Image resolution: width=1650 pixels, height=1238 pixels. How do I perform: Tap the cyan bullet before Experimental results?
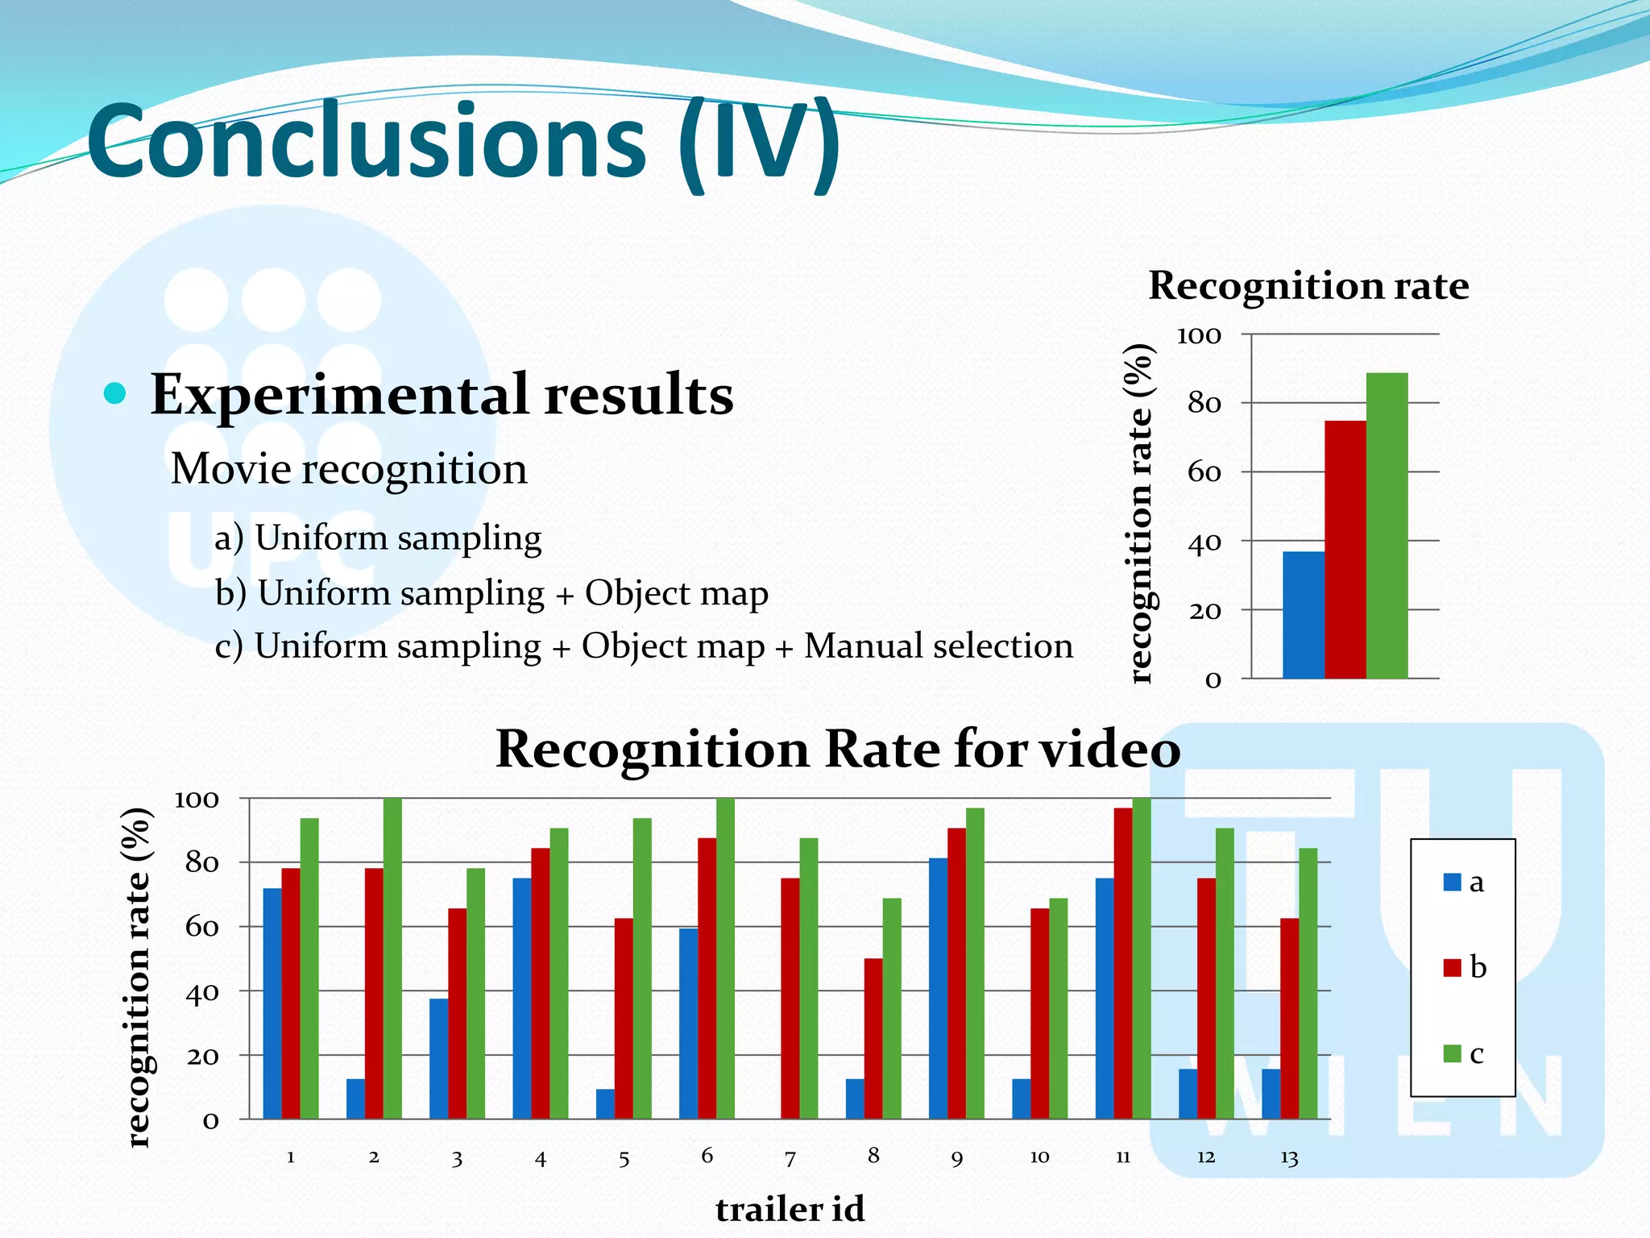pyautogui.click(x=115, y=394)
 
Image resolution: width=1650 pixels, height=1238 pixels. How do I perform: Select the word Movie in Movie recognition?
pyautogui.click(x=230, y=469)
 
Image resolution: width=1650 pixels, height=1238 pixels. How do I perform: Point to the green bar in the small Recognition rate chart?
pyautogui.click(x=1387, y=526)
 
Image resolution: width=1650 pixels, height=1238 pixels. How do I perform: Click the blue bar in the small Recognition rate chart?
pyautogui.click(x=1303, y=615)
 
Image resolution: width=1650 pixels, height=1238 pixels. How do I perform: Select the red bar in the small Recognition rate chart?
pyautogui.click(x=1345, y=550)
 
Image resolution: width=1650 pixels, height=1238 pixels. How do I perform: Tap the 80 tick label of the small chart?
pyautogui.click(x=1204, y=403)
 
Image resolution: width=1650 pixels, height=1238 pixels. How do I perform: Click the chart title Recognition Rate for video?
pyautogui.click(x=838, y=750)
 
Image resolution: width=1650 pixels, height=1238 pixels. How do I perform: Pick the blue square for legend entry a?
pyautogui.click(x=1452, y=883)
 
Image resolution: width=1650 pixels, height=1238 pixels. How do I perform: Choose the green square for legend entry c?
pyautogui.click(x=1452, y=1053)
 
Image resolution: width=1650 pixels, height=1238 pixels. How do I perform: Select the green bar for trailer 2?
pyautogui.click(x=392, y=958)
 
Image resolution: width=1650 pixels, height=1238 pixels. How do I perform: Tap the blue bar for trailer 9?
pyautogui.click(x=938, y=989)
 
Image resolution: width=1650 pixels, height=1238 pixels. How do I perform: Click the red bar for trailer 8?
pyautogui.click(x=873, y=1039)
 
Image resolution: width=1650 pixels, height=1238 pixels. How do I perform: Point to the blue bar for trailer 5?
pyautogui.click(x=605, y=1104)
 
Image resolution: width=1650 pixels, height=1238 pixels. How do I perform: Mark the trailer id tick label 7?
pyautogui.click(x=790, y=1159)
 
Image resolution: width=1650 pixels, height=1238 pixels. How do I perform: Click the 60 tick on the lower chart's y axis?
pyautogui.click(x=201, y=928)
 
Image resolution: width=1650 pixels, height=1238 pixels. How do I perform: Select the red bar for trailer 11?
pyautogui.click(x=1123, y=963)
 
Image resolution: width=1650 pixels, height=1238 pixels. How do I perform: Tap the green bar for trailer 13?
pyautogui.click(x=1308, y=983)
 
